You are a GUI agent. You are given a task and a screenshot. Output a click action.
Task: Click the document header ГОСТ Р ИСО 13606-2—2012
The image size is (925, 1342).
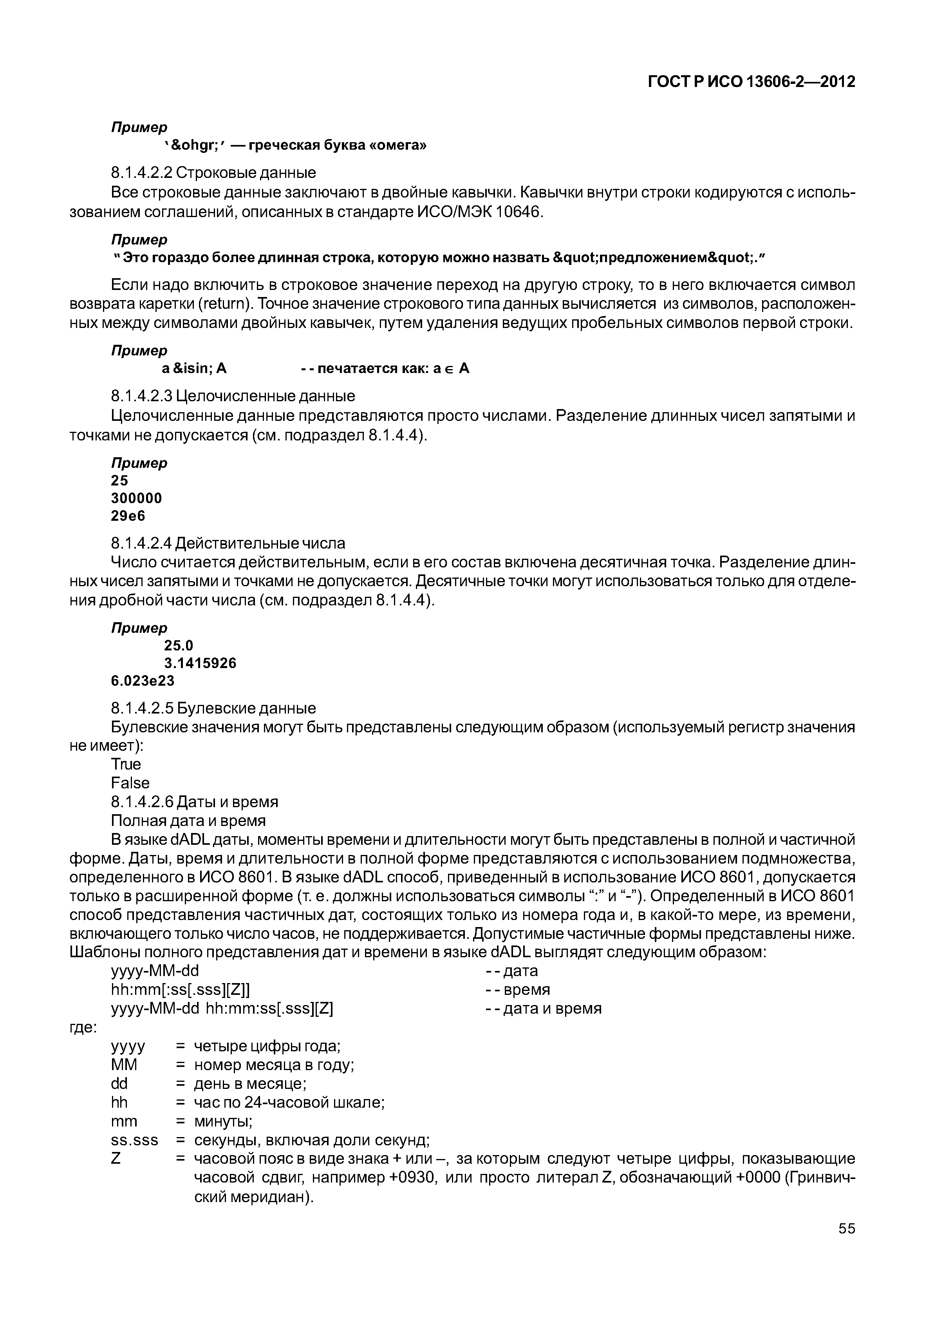coord(751,82)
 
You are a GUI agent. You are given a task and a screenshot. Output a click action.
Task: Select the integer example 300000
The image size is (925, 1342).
coord(136,498)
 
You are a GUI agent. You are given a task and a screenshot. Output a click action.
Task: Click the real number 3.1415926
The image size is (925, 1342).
coord(200,663)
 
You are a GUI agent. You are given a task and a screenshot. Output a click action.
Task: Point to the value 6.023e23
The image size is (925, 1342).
coord(143,680)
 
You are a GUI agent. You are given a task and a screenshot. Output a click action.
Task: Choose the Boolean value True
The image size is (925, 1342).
coord(126,764)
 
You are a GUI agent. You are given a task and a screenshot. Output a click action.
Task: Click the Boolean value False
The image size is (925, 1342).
coord(130,783)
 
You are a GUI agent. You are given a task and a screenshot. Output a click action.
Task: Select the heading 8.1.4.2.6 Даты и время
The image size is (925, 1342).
coord(194,802)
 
